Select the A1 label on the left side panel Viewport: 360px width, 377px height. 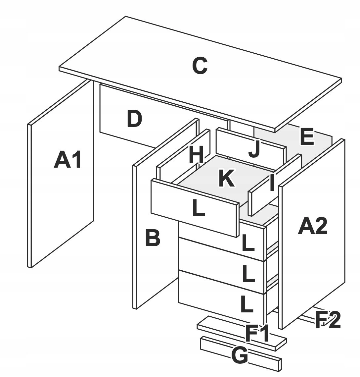pyautogui.click(x=67, y=160)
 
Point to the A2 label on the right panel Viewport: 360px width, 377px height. pyautogui.click(x=312, y=227)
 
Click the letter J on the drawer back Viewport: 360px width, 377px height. pyautogui.click(x=254, y=149)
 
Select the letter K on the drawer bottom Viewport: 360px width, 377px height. pyautogui.click(x=227, y=178)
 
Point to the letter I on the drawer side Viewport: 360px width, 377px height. pyautogui.click(x=272, y=183)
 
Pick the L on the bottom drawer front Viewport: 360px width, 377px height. pyautogui.click(x=247, y=305)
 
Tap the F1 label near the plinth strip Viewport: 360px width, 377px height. pyautogui.click(x=257, y=333)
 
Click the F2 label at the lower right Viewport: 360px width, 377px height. pyautogui.click(x=327, y=320)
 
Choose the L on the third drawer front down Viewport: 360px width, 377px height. pyautogui.click(x=248, y=274)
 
